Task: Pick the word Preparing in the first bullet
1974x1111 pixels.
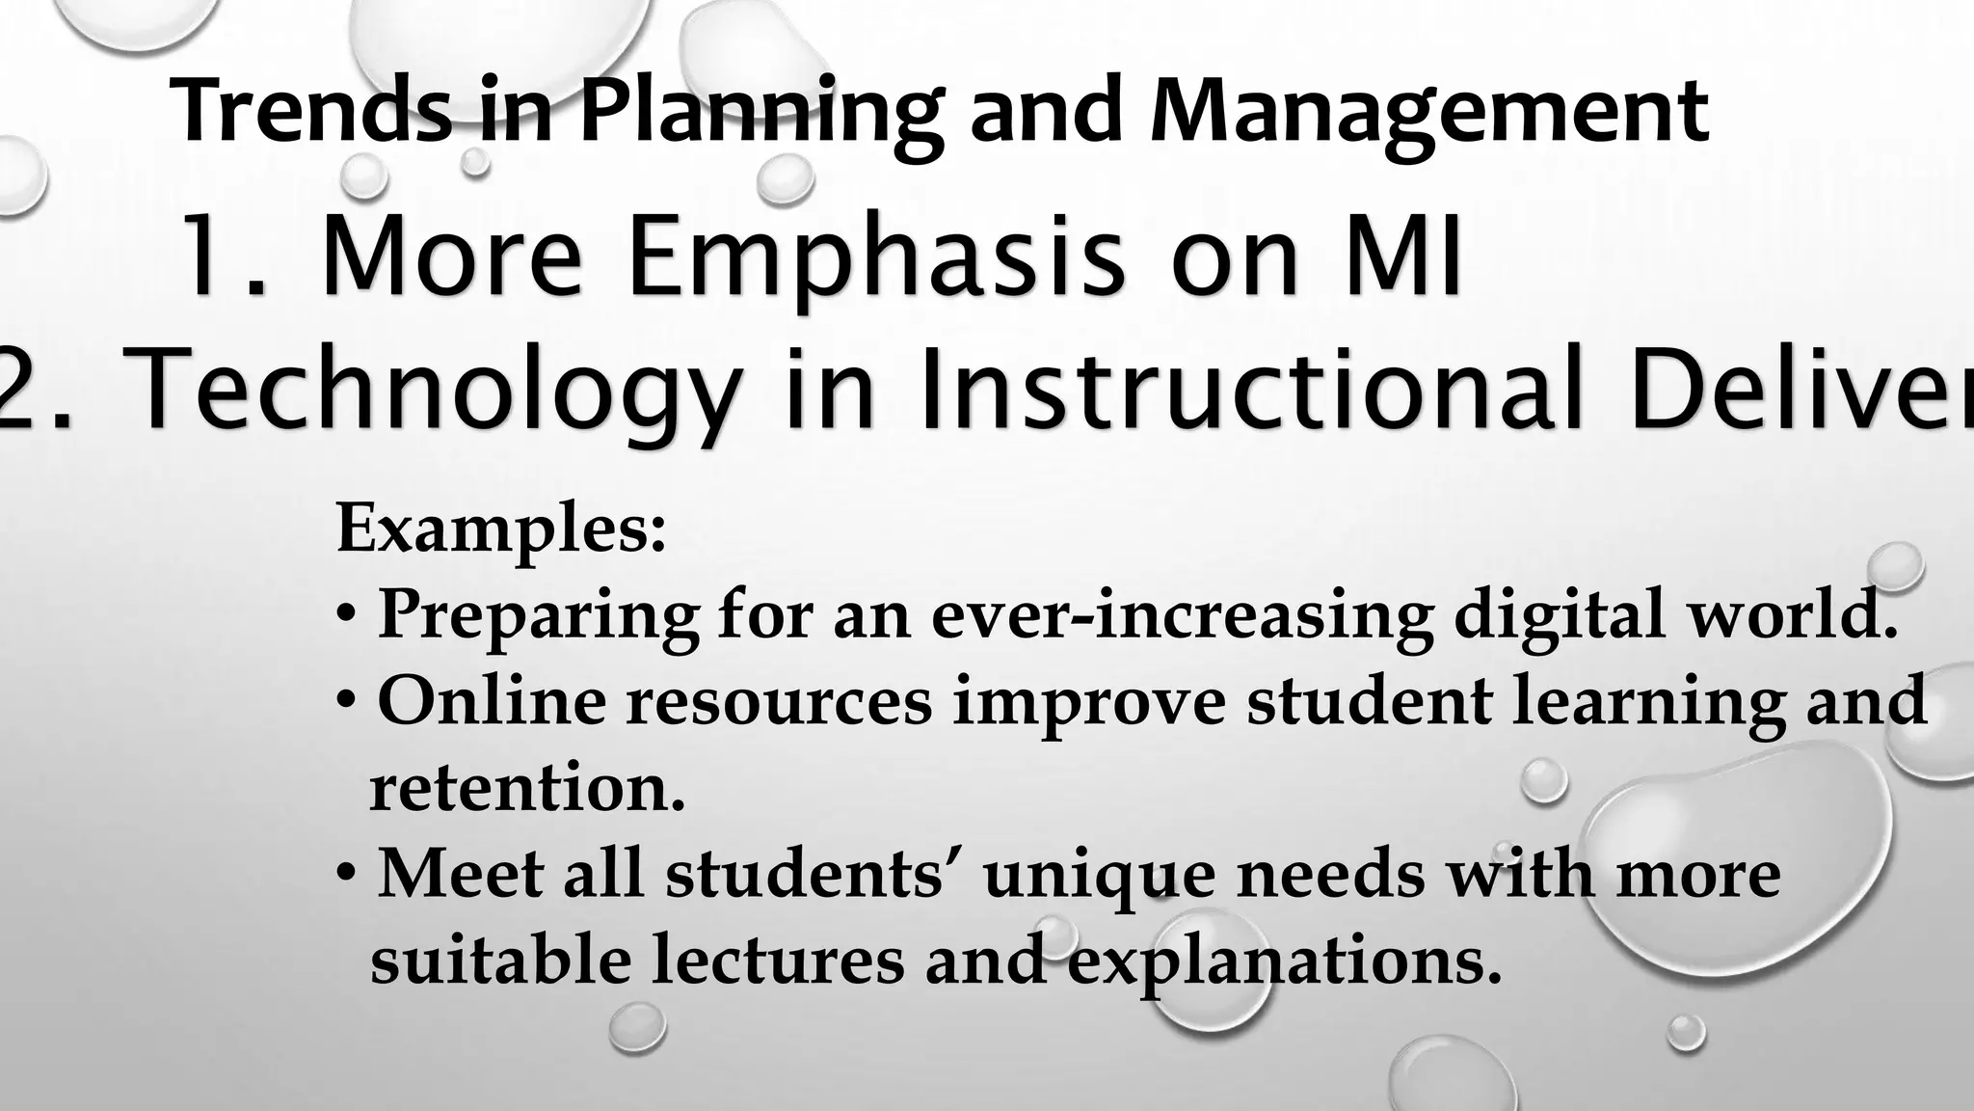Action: [538, 615]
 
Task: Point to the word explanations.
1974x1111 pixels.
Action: [1284, 962]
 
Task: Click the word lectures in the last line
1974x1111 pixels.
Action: [778, 961]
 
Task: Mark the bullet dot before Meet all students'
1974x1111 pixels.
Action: [347, 875]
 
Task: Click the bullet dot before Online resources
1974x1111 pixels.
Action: [347, 701]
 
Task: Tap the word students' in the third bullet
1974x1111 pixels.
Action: [816, 874]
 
